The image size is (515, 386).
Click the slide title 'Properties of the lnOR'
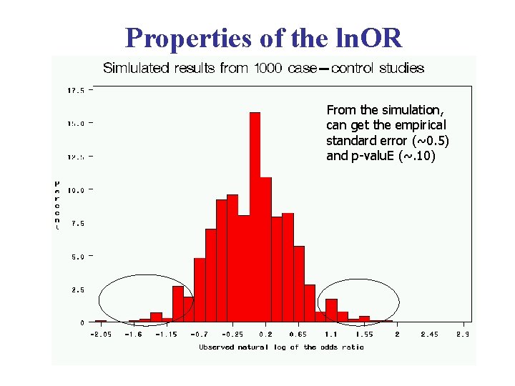pos(263,37)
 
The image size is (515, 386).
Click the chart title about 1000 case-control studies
pos(263,69)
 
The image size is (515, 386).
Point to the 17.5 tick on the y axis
pos(76,91)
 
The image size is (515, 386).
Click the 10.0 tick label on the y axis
pos(76,190)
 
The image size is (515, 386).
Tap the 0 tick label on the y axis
pos(82,323)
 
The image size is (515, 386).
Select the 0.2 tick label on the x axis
pos(265,335)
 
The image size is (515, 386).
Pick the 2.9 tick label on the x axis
pos(463,335)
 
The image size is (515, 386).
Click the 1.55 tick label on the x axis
pos(364,335)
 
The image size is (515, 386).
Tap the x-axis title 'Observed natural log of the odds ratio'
pos(281,347)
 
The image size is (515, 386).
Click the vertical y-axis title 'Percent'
pos(57,205)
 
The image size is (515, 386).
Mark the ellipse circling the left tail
pos(146,300)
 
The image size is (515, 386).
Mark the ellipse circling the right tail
pos(360,302)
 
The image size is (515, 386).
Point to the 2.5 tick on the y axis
pos(76,289)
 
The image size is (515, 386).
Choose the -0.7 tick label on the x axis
pos(199,335)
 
